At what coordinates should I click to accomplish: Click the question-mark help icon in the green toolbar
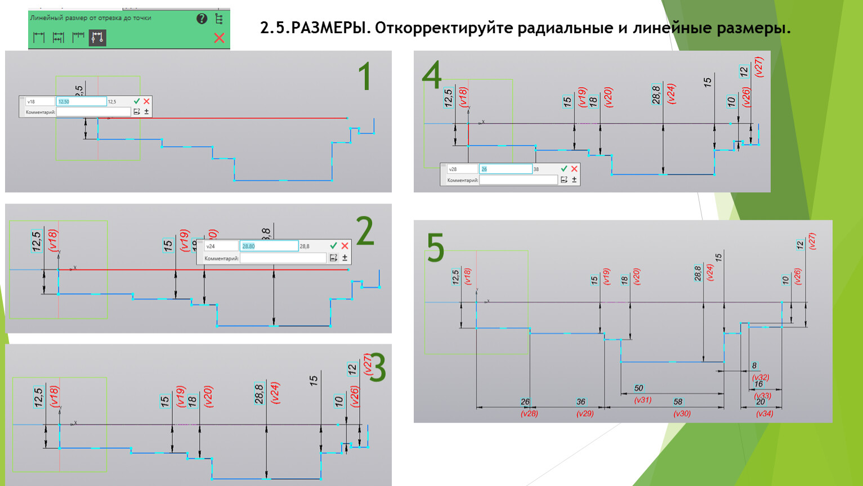click(202, 19)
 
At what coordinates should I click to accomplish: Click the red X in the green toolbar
click(220, 38)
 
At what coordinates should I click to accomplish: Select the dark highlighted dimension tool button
click(97, 38)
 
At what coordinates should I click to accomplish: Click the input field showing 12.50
click(82, 101)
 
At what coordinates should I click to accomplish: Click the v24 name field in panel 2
click(221, 246)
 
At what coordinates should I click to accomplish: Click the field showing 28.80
click(269, 246)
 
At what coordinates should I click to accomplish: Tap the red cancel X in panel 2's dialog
click(345, 246)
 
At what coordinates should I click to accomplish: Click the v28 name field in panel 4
click(462, 169)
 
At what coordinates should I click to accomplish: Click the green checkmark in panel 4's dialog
click(564, 169)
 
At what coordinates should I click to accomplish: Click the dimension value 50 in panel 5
click(638, 388)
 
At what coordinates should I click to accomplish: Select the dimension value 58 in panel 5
click(678, 402)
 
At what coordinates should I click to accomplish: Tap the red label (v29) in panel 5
click(585, 413)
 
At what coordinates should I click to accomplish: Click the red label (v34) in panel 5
click(764, 413)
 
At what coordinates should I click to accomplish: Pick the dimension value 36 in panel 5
click(581, 402)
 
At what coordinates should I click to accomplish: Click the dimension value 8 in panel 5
click(754, 366)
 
